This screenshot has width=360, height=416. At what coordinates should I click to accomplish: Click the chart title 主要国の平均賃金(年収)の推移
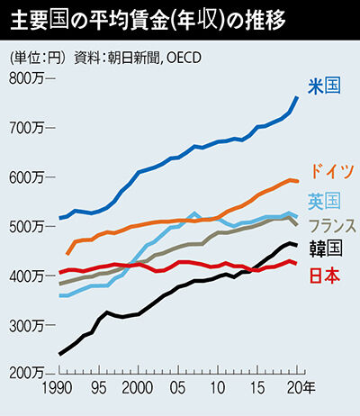148,21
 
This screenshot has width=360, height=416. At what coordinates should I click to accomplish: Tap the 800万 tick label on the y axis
26,78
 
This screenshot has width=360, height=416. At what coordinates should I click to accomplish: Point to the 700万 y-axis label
26,128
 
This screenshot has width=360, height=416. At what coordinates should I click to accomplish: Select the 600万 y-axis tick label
26,177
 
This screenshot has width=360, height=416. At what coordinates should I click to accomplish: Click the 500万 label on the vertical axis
26,227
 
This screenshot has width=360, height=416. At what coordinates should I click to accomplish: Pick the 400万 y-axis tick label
26,276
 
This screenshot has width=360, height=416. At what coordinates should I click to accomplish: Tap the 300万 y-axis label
26,326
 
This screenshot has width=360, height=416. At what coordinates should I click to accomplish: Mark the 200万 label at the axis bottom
26,373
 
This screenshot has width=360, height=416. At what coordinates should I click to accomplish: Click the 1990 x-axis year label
57,388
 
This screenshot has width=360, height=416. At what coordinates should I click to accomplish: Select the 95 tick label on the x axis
98,388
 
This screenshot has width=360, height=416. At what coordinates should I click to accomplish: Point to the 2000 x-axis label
138,388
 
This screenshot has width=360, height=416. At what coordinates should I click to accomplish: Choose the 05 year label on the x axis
177,388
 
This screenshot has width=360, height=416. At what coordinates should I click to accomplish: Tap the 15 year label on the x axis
257,388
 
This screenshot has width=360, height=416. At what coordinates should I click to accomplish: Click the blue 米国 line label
325,86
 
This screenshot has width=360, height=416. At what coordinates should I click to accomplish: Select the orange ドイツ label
331,171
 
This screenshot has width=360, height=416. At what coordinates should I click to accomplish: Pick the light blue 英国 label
325,201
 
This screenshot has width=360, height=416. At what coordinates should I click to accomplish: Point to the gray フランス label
332,226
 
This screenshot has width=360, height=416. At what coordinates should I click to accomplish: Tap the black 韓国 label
326,249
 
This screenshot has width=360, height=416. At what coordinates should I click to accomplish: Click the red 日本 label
325,276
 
